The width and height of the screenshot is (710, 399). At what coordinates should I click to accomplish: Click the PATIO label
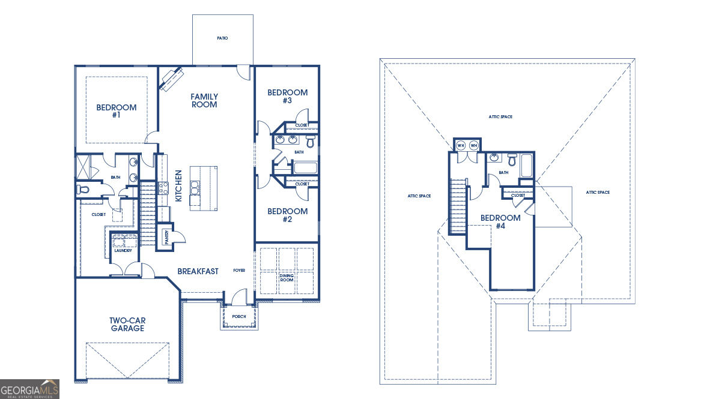222,38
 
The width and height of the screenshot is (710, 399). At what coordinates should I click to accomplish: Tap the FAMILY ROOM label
204,100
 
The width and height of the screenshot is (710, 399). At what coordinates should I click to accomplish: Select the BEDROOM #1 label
117,111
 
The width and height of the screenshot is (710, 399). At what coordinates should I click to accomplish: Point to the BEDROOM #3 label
287,96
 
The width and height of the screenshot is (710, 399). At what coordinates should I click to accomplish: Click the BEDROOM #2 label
287,215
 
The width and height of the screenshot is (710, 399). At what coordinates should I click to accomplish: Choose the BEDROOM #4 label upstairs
500,221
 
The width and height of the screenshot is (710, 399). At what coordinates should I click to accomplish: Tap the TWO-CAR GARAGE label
127,324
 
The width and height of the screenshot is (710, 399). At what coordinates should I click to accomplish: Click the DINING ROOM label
287,278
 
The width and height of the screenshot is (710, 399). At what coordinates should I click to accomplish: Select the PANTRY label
166,237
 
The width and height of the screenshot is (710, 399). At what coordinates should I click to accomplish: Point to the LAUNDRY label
123,250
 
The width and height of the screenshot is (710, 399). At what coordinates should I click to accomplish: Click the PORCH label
239,317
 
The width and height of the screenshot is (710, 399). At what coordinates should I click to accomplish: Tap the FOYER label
239,271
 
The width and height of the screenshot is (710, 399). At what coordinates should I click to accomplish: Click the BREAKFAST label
198,272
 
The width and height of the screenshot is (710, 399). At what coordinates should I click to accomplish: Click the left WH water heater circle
461,146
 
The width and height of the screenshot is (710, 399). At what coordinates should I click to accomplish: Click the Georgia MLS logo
30,389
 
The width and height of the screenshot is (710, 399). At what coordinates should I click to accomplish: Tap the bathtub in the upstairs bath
527,165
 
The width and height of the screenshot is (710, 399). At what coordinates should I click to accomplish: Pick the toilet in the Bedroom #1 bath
83,189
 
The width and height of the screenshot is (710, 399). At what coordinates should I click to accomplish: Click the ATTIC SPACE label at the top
500,117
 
